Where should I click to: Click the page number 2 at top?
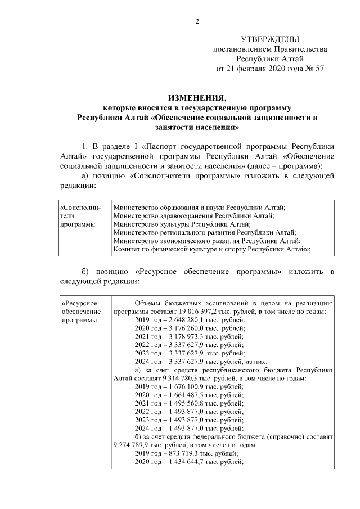(x=197, y=21)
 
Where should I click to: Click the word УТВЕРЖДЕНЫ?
(x=270, y=39)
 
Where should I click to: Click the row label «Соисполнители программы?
(x=80, y=215)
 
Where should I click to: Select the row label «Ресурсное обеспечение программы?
(x=80, y=312)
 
